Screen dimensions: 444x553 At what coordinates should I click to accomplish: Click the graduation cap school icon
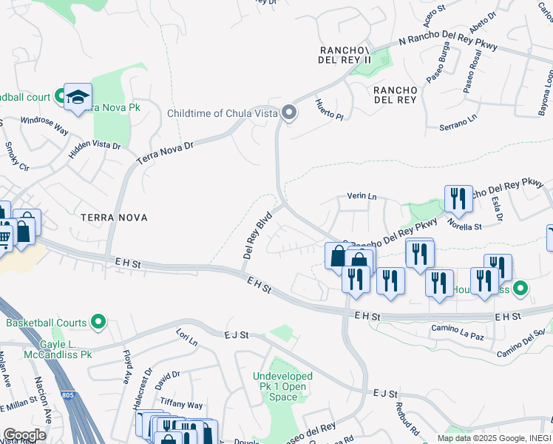coord(78,97)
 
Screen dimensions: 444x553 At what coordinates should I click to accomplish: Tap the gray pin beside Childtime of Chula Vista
coord(289,113)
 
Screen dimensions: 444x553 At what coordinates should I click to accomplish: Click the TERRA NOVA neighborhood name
coord(114,218)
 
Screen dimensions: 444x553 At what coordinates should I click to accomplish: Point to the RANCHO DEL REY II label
coord(345,55)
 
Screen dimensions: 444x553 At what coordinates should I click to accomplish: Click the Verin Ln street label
coord(362,197)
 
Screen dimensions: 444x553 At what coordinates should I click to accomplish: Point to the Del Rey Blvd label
coord(257,235)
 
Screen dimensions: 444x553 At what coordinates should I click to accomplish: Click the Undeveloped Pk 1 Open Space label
coord(282,387)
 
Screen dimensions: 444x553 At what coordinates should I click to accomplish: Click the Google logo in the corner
coord(24,434)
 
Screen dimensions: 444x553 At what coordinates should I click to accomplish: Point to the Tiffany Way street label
coord(183,405)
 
